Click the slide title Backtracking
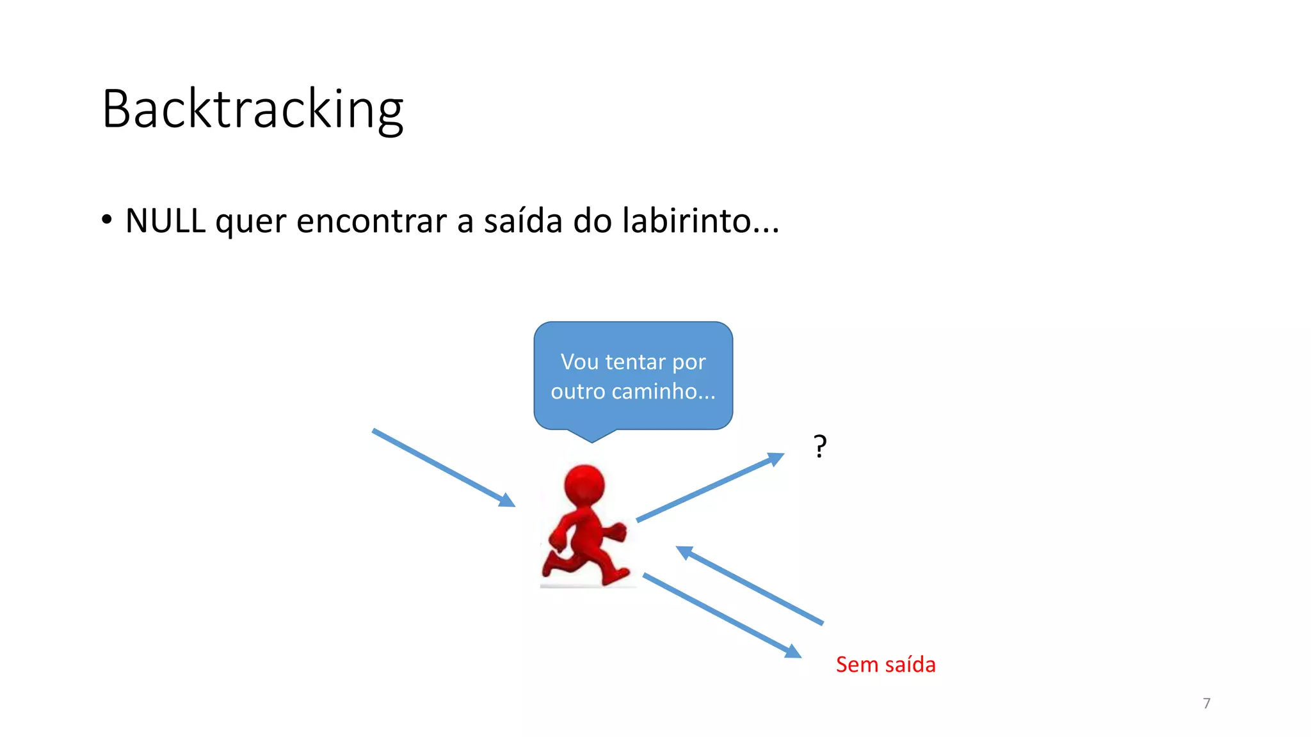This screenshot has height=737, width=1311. (x=253, y=109)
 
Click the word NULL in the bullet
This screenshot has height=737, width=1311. (x=165, y=221)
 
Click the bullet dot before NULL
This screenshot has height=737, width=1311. (x=107, y=219)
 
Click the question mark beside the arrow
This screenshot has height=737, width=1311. (x=820, y=447)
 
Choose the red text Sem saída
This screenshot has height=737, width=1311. (x=885, y=665)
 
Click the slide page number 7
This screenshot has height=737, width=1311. (x=1207, y=703)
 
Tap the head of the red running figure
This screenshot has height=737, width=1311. (x=584, y=486)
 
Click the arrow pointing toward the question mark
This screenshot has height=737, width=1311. (x=710, y=487)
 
